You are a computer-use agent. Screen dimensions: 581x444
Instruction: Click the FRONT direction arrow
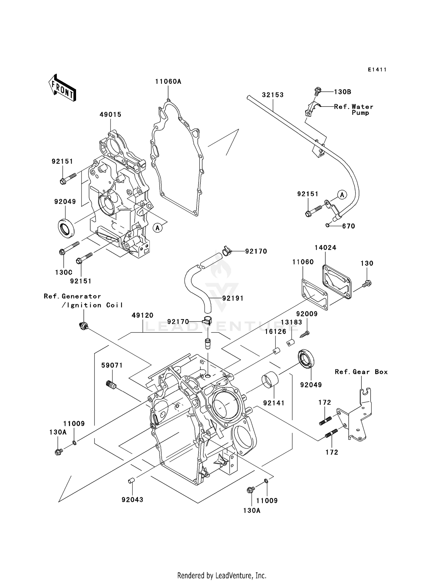click(x=62, y=88)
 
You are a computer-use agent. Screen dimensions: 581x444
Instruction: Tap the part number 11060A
click(x=168, y=82)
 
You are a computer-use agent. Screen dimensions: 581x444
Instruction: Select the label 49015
click(x=110, y=115)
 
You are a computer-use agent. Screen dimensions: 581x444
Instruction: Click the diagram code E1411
click(x=377, y=70)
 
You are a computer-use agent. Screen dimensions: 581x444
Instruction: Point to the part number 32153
click(x=273, y=95)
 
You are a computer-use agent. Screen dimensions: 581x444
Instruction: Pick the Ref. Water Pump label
click(x=353, y=110)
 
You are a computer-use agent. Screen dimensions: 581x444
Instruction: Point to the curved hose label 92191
click(x=233, y=298)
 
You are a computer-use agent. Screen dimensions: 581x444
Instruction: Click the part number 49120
click(x=143, y=316)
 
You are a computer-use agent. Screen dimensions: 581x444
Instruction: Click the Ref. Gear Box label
click(x=361, y=372)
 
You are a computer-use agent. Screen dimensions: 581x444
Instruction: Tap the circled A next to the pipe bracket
click(x=342, y=195)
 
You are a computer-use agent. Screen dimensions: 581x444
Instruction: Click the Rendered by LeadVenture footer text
click(x=222, y=575)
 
